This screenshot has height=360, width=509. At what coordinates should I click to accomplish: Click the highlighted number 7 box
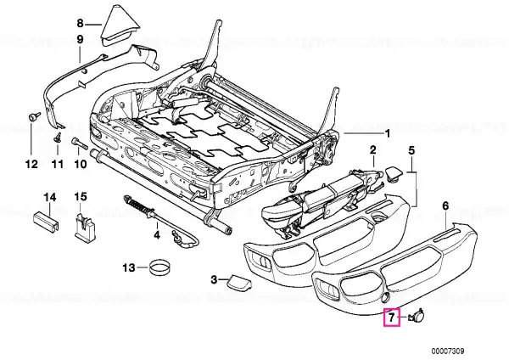pos(391,318)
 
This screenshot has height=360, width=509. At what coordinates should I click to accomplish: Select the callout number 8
pos(81,23)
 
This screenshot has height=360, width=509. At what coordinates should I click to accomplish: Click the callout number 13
pos(128,268)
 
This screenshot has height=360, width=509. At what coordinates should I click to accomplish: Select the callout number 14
pos(49,198)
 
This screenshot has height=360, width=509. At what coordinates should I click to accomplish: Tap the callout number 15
pos(81,198)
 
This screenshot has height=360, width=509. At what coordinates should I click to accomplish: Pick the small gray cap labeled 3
pos(235,279)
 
